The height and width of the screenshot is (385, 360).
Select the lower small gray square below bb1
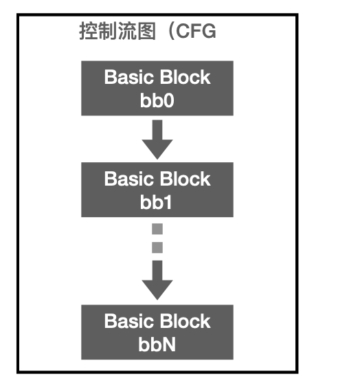click(157, 246)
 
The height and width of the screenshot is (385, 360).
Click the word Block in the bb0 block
click(184, 77)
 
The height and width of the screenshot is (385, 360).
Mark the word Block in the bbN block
click(184, 322)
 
